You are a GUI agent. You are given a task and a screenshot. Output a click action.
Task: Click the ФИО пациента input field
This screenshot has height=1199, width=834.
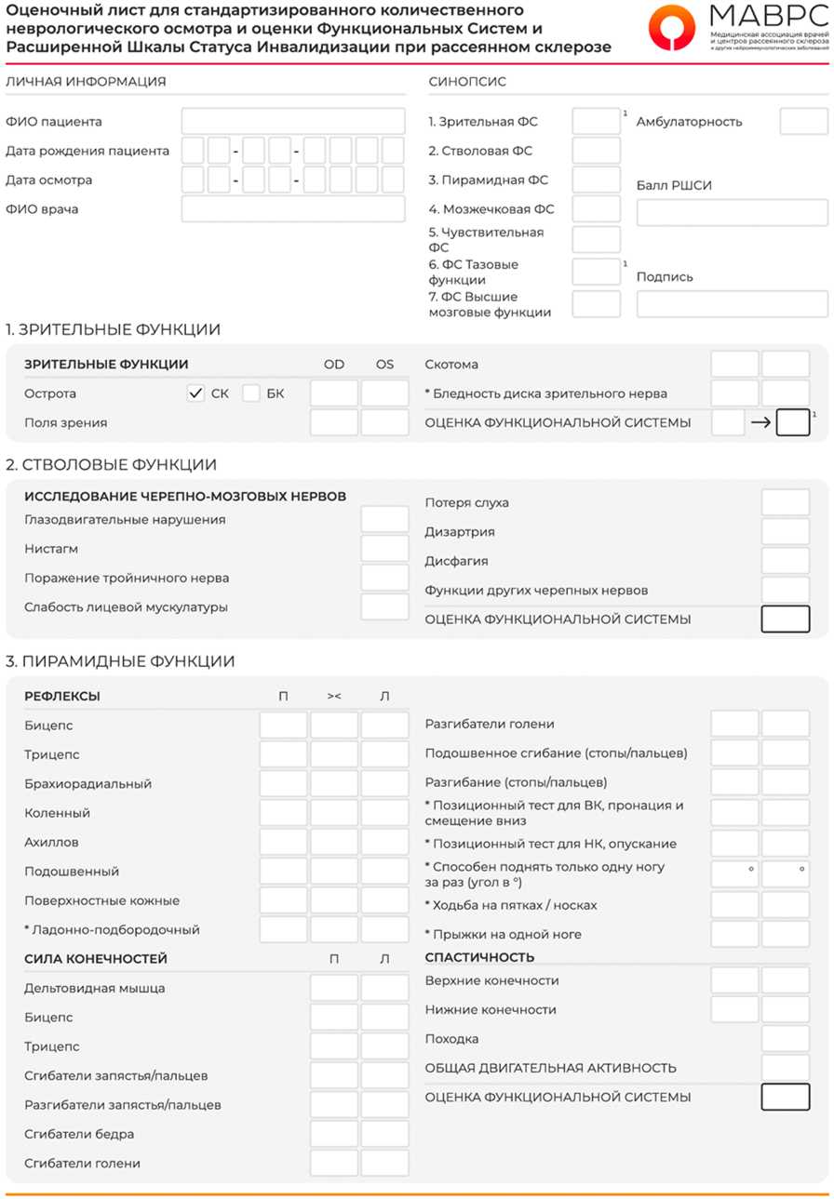[293, 121]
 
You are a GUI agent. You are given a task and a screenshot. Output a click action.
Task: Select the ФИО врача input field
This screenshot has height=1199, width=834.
[293, 208]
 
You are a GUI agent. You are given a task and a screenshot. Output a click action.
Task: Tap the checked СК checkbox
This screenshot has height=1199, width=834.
[195, 393]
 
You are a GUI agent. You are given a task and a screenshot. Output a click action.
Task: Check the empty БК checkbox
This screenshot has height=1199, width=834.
[251, 393]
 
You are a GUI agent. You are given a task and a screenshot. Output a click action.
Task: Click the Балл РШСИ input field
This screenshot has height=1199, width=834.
[732, 213]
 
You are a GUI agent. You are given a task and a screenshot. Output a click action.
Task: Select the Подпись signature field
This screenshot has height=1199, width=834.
[732, 304]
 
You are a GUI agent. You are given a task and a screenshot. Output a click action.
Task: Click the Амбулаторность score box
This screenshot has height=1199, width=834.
[803, 121]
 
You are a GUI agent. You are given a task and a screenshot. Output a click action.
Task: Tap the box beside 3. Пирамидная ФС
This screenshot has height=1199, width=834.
[596, 180]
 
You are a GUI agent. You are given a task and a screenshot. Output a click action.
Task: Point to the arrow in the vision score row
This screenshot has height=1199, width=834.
[760, 423]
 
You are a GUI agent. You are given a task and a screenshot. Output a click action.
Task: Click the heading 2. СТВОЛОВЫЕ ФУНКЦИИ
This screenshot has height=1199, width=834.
[111, 465]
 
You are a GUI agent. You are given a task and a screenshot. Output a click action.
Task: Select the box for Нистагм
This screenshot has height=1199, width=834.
[384, 549]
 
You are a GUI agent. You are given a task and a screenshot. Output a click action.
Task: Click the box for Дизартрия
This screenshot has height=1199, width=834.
[785, 532]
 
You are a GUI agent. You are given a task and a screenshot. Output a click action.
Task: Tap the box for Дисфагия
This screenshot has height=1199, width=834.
[785, 561]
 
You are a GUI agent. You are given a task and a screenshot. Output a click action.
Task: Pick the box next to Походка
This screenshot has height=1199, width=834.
[785, 1039]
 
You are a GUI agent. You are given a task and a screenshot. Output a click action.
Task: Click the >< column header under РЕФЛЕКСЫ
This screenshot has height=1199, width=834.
[334, 696]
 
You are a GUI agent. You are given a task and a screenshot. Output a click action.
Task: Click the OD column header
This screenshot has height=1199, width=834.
[334, 365]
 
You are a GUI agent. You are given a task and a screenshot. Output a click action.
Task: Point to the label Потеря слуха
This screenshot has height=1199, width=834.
[467, 503]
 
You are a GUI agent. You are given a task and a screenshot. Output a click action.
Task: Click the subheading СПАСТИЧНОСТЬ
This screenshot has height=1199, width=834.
[479, 957]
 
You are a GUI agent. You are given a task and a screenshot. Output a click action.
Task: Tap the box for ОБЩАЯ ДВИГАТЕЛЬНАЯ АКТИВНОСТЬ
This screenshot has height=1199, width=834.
[785, 1068]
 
